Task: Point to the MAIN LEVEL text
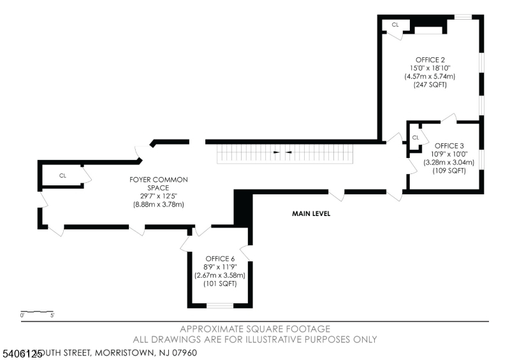click(x=311, y=214)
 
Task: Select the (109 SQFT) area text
click(x=449, y=170)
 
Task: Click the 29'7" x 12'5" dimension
click(x=158, y=196)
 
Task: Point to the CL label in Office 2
click(x=395, y=25)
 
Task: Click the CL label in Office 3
click(x=415, y=138)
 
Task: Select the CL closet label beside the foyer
click(x=62, y=175)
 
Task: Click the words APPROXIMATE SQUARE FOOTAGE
click(x=255, y=329)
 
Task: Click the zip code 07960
click(x=182, y=352)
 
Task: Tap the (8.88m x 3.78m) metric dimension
click(x=158, y=205)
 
